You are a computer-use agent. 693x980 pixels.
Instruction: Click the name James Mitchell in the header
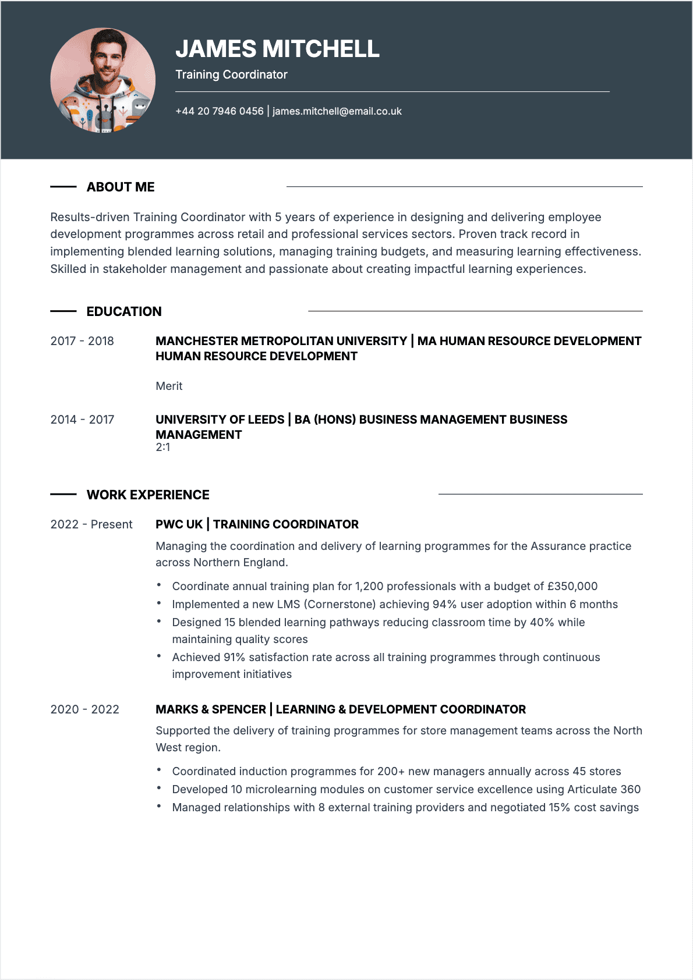(277, 49)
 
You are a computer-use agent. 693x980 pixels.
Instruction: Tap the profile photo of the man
(103, 80)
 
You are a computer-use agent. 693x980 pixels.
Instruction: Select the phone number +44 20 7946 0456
(219, 111)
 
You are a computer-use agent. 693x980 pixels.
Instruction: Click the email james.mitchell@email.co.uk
(337, 111)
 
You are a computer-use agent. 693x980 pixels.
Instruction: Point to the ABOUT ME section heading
(121, 187)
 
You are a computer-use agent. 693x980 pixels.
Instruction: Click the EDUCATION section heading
(124, 311)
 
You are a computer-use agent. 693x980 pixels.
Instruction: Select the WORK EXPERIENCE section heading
(148, 495)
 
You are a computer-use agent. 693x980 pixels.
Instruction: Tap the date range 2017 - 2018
(82, 341)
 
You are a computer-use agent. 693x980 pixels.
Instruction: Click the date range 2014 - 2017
(82, 420)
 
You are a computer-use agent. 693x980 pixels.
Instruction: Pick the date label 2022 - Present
(91, 524)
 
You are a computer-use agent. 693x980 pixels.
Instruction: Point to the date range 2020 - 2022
(84, 709)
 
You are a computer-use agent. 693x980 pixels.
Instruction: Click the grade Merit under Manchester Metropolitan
(169, 386)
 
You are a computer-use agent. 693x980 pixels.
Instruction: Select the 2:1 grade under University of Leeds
(163, 448)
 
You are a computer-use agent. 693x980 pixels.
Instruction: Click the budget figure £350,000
(572, 586)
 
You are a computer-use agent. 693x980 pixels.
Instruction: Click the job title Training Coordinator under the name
(231, 74)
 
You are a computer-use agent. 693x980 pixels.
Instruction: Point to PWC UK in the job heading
(179, 524)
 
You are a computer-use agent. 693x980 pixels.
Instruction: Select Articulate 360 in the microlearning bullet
(604, 789)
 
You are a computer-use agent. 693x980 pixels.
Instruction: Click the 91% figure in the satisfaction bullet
(234, 657)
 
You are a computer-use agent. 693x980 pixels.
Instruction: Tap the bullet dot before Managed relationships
(159, 806)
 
